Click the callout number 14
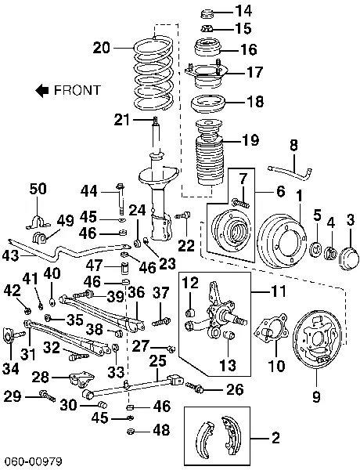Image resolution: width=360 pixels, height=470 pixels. [244, 11]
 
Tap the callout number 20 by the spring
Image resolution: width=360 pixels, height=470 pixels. [102, 48]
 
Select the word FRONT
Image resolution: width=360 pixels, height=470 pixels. [77, 90]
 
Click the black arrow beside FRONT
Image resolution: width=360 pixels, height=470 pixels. [42, 90]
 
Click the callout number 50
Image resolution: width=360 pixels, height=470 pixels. [38, 188]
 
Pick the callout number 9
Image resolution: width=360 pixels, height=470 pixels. [316, 397]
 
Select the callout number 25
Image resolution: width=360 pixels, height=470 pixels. [157, 360]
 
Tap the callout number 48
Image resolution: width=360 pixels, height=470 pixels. [161, 429]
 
